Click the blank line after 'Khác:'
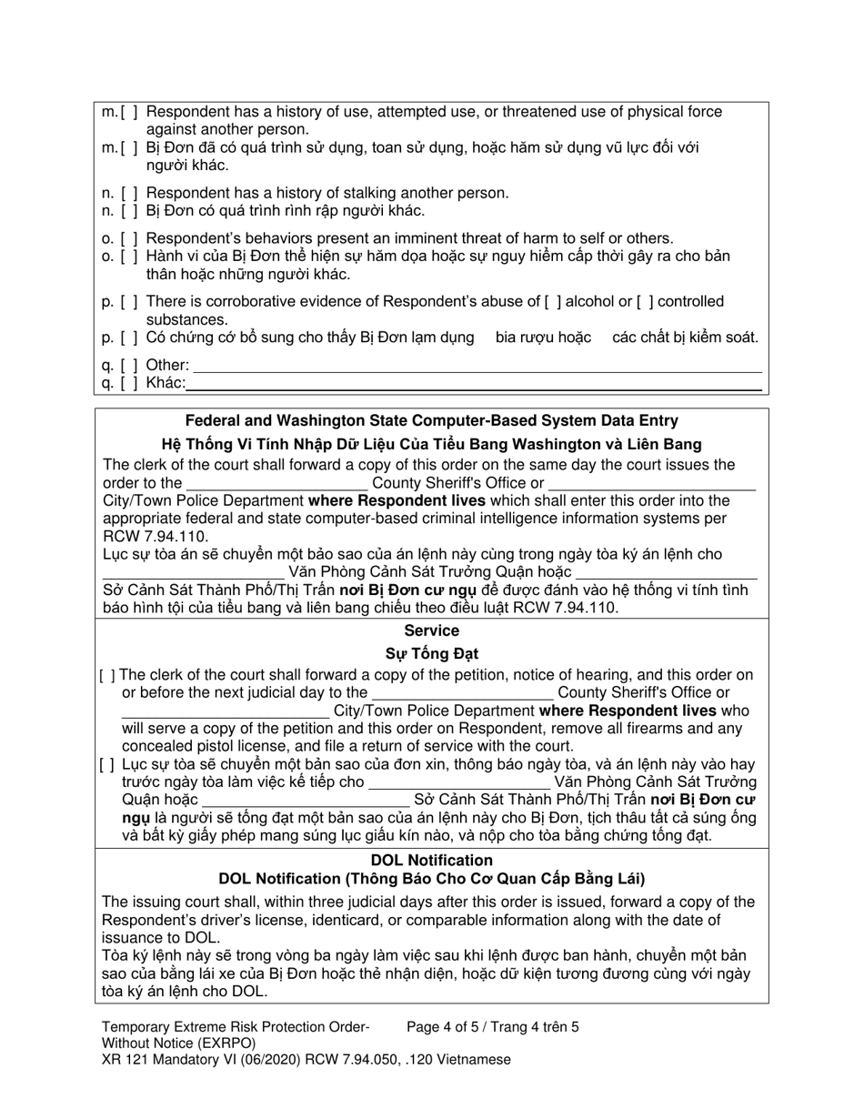click(x=473, y=384)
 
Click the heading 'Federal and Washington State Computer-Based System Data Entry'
click(x=431, y=420)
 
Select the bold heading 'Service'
click(x=431, y=630)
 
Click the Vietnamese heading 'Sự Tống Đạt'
click(x=431, y=653)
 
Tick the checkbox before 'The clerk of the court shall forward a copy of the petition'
click(x=107, y=675)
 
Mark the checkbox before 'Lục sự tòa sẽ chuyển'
click(x=107, y=764)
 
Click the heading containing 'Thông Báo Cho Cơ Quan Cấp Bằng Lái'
click(x=431, y=879)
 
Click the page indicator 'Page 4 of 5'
click(x=450, y=1027)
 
